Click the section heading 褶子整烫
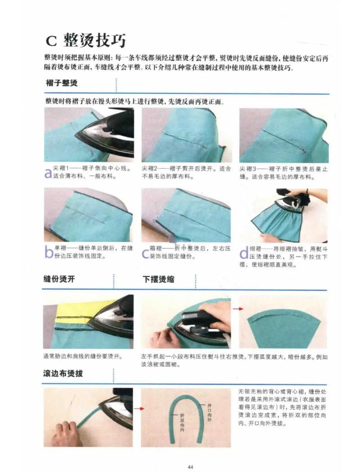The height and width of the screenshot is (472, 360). (x=62, y=84)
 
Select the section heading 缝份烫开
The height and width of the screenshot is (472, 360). (x=59, y=279)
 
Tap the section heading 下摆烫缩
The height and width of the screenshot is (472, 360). (x=158, y=279)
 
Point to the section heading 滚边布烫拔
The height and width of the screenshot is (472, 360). (x=63, y=374)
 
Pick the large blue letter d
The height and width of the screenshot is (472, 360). (x=244, y=253)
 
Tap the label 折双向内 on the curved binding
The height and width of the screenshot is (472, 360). (x=182, y=422)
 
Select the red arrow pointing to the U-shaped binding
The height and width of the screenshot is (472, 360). (x=140, y=409)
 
